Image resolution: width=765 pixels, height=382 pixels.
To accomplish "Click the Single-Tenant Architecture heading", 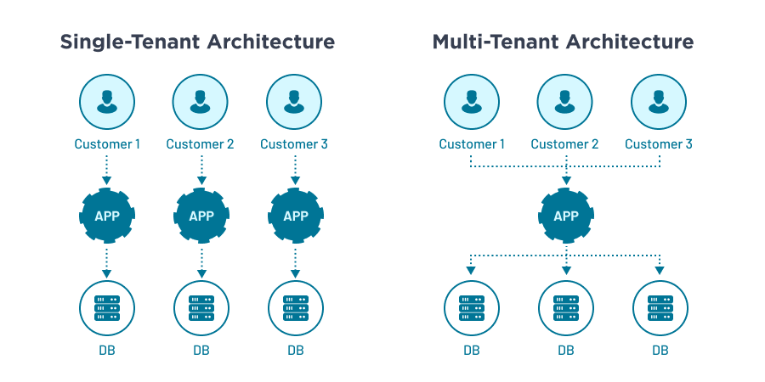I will [x=197, y=42].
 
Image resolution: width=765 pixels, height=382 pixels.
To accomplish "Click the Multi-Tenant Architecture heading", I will [x=563, y=42].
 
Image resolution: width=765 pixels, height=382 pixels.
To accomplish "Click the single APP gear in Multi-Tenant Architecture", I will [x=565, y=216].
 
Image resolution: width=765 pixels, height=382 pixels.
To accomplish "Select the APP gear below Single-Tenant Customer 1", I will [x=107, y=216].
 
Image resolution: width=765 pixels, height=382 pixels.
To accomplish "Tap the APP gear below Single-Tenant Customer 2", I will [x=201, y=216].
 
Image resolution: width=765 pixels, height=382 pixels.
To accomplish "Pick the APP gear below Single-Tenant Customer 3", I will [x=295, y=216].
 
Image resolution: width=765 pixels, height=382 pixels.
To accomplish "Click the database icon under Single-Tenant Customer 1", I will [x=107, y=306].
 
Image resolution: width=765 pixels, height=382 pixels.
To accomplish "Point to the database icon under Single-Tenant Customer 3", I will [x=295, y=306].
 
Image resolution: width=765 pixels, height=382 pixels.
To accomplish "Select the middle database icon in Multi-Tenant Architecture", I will [x=565, y=306].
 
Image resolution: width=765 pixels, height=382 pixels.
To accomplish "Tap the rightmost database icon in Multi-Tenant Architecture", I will [x=660, y=306].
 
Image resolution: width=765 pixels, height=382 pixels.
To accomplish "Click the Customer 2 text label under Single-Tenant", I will [x=201, y=144].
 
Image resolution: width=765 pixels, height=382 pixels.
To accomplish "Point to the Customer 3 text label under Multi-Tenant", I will [x=659, y=144].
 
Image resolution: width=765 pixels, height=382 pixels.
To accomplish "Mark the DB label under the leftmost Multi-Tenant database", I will [x=472, y=349].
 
